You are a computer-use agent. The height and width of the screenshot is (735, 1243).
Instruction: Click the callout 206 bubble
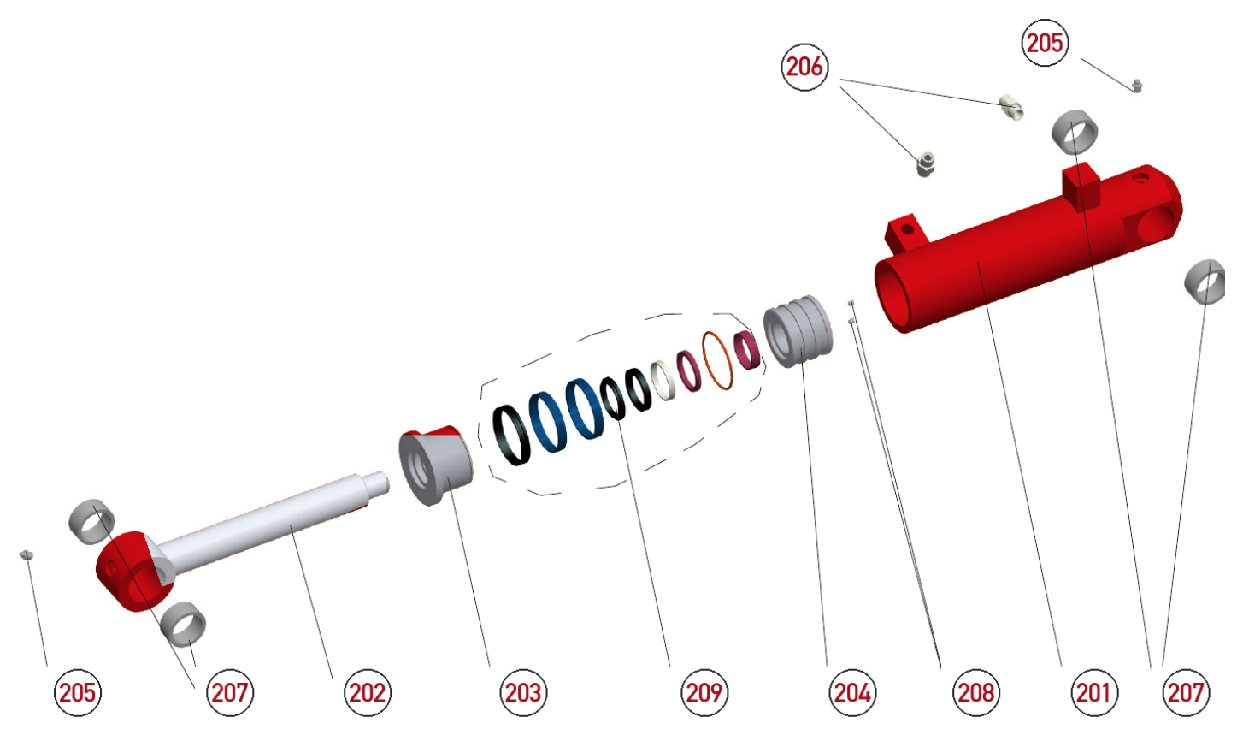click(x=804, y=68)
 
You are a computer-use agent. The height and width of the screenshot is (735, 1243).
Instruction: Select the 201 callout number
click(x=1093, y=693)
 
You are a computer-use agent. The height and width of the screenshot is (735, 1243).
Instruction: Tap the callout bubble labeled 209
click(x=704, y=693)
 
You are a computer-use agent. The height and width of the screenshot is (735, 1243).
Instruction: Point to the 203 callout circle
click(x=522, y=693)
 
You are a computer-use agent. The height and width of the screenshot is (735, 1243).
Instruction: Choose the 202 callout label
click(x=368, y=693)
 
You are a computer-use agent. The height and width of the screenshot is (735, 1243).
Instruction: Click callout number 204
click(x=852, y=693)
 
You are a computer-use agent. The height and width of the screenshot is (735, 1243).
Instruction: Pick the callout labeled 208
click(x=976, y=693)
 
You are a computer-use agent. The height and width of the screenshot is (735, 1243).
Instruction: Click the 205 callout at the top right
click(x=1045, y=43)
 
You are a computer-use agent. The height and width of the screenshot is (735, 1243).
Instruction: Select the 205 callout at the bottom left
click(x=77, y=693)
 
